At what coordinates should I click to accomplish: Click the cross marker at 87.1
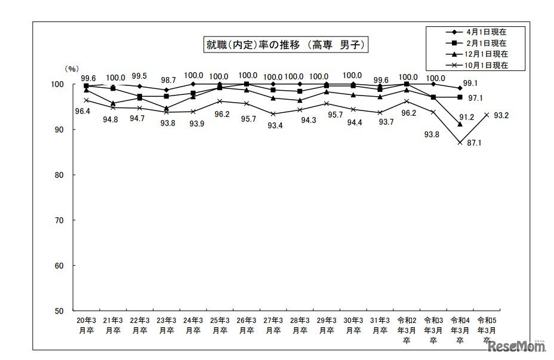click(x=460, y=143)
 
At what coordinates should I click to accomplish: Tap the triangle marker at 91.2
click(x=460, y=124)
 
